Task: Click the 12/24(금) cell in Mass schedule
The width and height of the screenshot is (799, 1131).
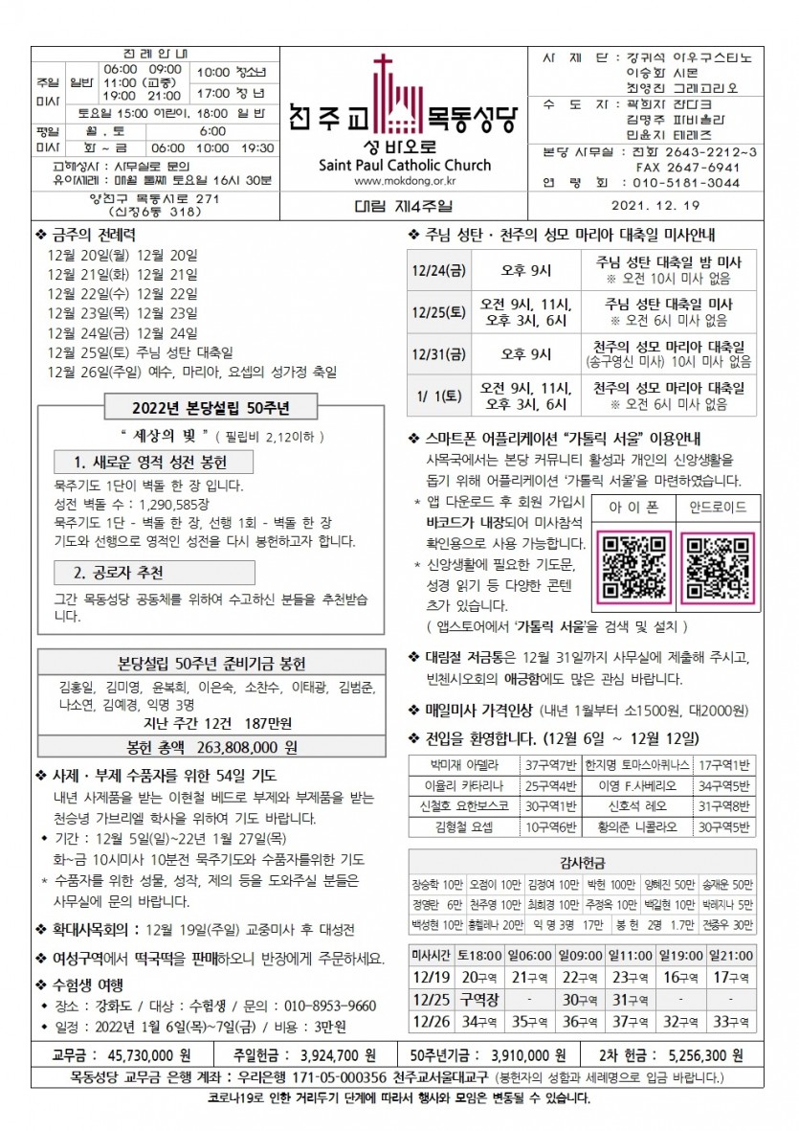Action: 437,269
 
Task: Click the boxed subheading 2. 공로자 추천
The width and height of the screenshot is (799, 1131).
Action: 119,573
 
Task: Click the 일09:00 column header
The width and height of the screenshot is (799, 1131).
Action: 583,955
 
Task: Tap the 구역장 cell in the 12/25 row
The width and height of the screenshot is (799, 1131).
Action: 481,999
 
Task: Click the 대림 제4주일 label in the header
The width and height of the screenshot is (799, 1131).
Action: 402,205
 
